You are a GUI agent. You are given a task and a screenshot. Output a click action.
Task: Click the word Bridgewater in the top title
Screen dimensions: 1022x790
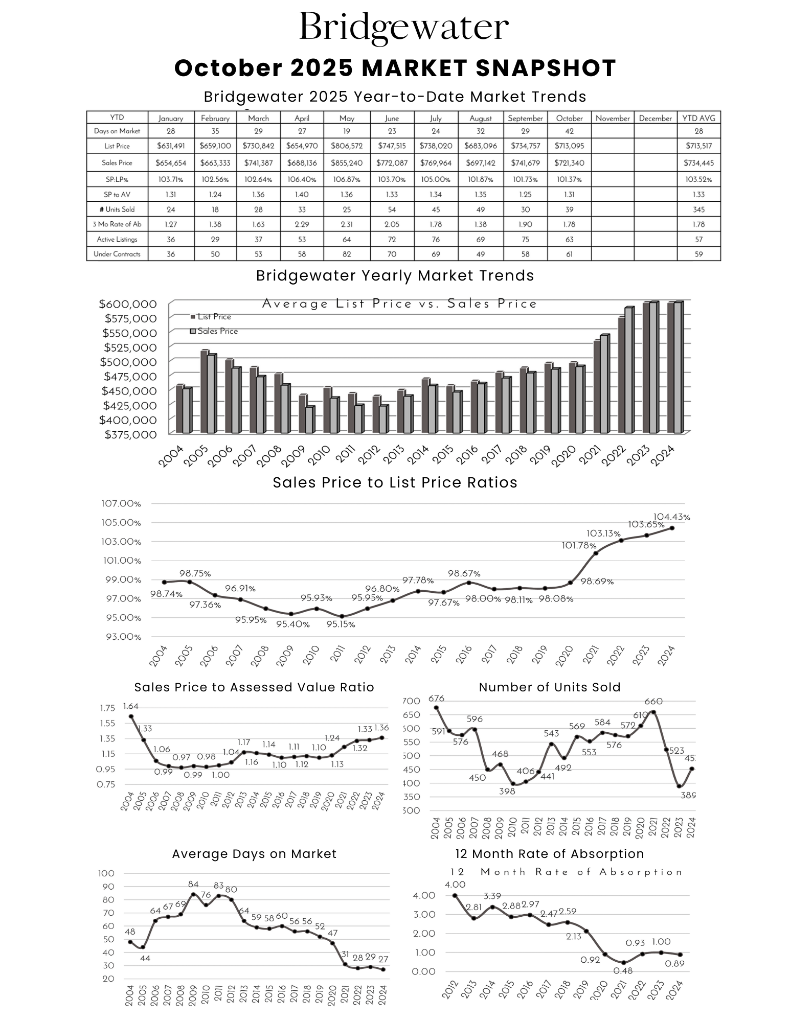tap(403, 27)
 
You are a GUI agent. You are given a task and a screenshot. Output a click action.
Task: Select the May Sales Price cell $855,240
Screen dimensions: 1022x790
tap(346, 163)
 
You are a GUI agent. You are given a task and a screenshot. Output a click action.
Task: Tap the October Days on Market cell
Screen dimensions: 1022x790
tap(569, 131)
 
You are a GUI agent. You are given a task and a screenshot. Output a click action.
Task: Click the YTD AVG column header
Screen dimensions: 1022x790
tap(698, 118)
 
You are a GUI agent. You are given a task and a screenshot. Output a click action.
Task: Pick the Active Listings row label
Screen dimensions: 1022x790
tap(117, 239)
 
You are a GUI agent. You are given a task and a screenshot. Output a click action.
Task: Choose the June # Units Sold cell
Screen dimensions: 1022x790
tap(392, 210)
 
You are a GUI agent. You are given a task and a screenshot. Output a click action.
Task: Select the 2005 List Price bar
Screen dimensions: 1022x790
tap(204, 391)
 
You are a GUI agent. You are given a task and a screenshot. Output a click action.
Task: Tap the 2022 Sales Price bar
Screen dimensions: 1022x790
tap(628, 370)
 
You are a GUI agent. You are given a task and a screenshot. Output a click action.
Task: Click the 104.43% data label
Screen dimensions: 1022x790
tap(671, 517)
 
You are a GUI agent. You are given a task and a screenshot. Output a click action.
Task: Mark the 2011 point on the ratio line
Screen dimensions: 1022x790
tap(342, 616)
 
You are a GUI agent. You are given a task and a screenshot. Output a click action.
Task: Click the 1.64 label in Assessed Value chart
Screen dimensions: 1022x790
tap(130, 707)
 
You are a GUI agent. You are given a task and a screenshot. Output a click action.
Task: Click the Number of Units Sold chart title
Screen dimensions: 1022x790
tap(550, 687)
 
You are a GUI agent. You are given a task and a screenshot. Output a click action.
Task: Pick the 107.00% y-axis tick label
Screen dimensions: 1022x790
tap(121, 504)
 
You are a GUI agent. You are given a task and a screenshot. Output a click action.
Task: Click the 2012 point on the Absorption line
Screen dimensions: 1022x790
tap(455, 895)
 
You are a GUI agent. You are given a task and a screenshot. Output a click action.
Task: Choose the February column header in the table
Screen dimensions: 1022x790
tap(215, 118)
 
